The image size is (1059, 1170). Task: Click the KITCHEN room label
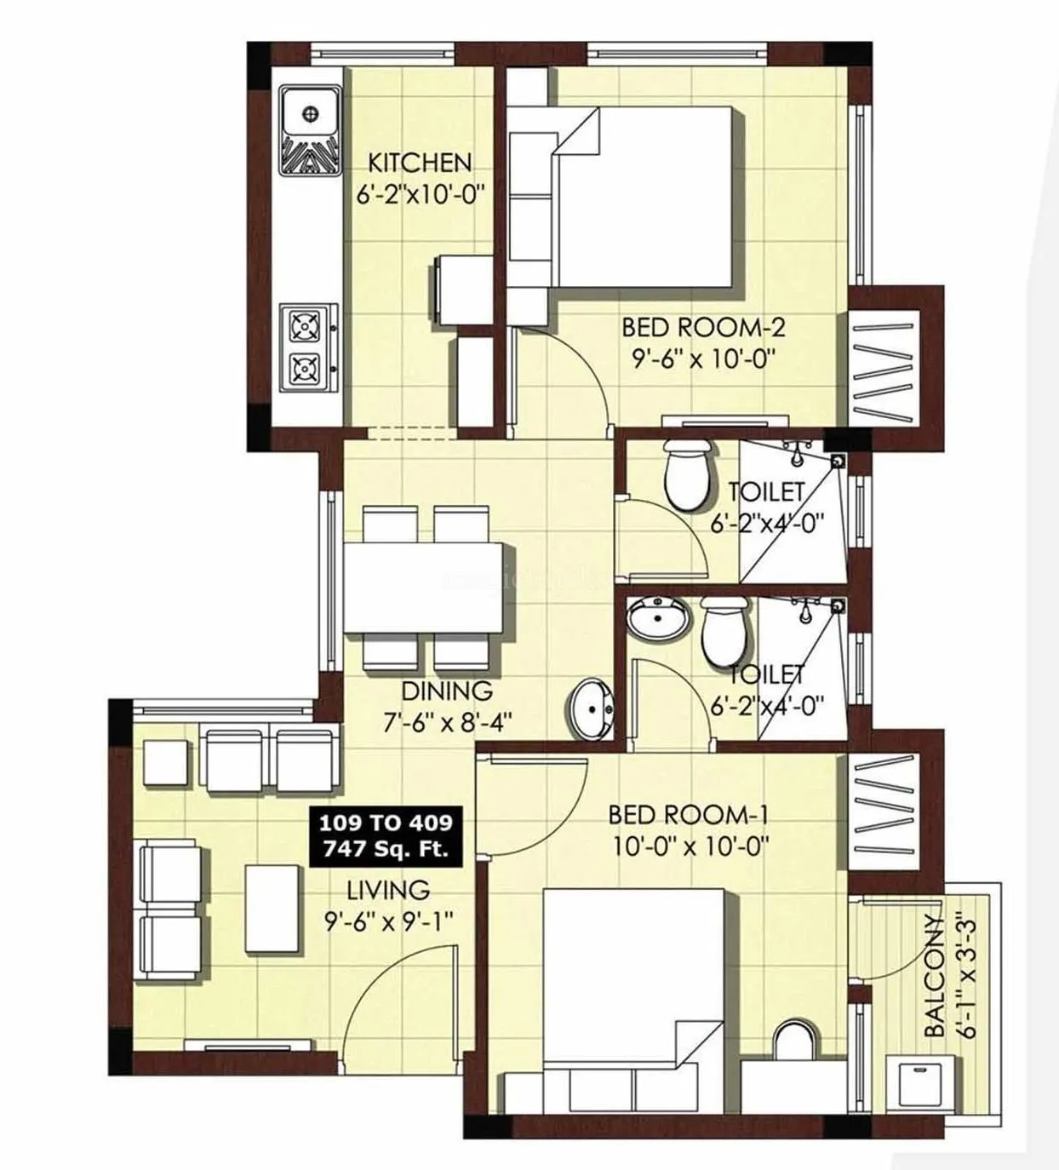click(419, 162)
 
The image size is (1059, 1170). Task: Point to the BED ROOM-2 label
click(702, 327)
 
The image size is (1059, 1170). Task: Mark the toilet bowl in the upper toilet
click(686, 475)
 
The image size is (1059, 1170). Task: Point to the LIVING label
click(387, 891)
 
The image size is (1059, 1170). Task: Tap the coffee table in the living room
click(272, 908)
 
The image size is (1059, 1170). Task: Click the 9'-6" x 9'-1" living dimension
click(387, 921)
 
